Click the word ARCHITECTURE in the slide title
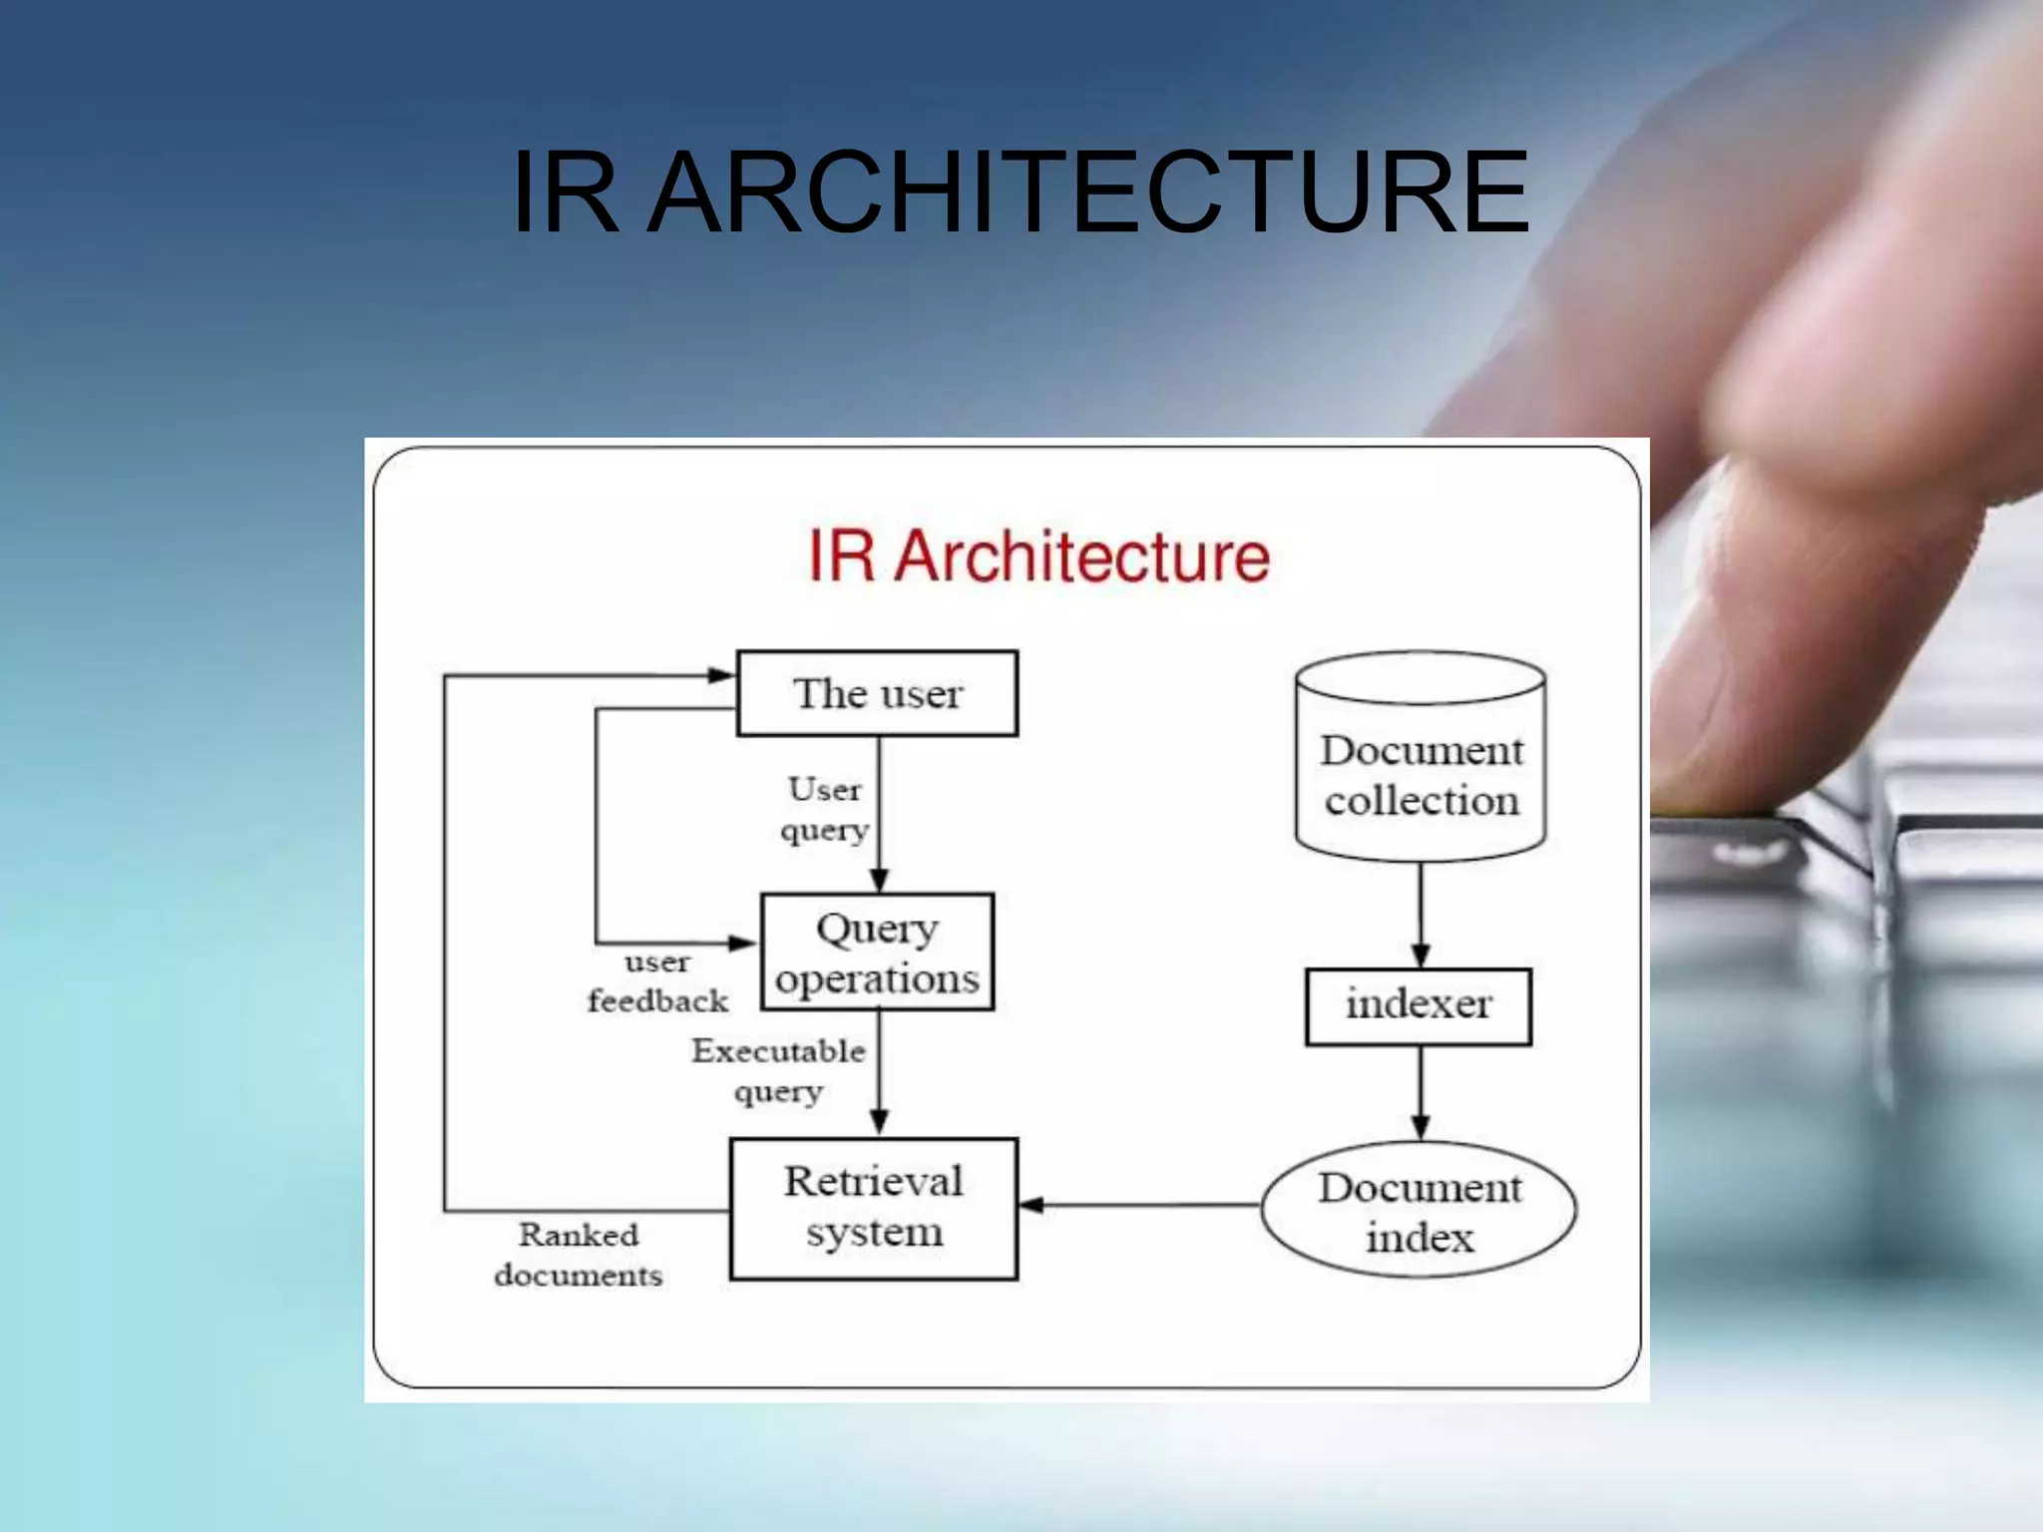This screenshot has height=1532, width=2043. tap(1089, 191)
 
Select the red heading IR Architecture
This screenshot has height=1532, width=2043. tap(1038, 557)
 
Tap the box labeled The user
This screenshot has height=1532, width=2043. tap(877, 694)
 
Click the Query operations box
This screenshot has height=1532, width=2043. tap(877, 953)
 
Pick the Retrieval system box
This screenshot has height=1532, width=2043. tap(874, 1208)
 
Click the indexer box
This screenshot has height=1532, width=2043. tap(1419, 1006)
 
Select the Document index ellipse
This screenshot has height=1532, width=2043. tap(1419, 1210)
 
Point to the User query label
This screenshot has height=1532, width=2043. tap(824, 809)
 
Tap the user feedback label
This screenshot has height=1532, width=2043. tap(657, 981)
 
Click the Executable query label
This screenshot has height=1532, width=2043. tap(778, 1070)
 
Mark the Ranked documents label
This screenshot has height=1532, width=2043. tap(579, 1255)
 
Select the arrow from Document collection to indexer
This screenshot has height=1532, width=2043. tap(1421, 914)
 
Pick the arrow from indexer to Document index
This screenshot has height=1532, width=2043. tap(1421, 1093)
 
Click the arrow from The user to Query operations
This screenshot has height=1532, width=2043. tap(879, 814)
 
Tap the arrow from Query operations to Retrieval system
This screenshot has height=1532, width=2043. tap(879, 1073)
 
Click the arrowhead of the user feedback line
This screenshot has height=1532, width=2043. tap(742, 943)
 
